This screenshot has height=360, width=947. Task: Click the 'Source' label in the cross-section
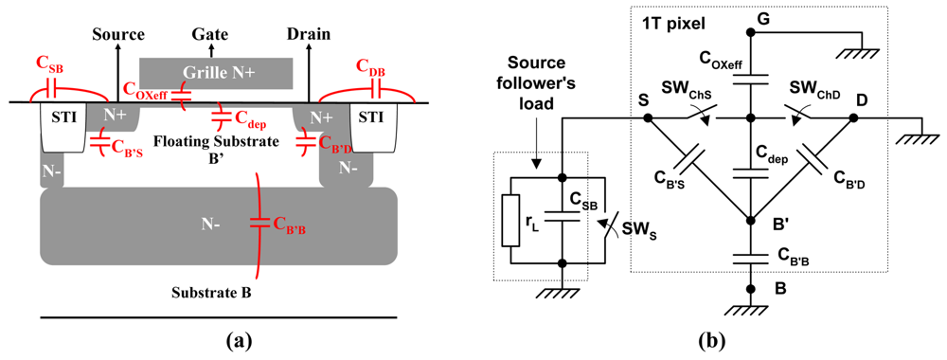coord(117,35)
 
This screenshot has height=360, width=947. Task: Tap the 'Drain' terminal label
coord(309,35)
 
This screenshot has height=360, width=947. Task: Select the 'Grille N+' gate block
coord(216,70)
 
